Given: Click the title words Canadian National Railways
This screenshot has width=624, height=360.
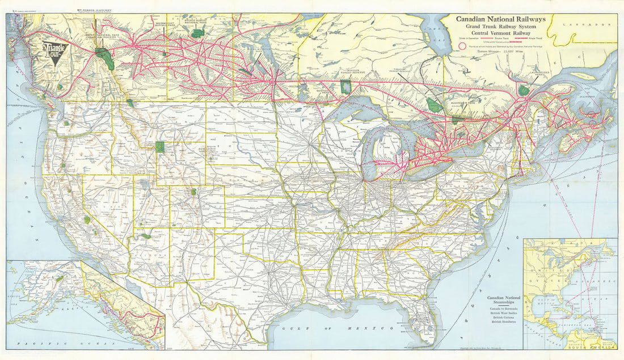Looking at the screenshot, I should [x=501, y=19].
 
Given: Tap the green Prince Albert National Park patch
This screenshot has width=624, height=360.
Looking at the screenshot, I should [x=197, y=33].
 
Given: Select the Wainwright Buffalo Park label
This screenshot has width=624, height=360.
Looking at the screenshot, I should [x=165, y=24].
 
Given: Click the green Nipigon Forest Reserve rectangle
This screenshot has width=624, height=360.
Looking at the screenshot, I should [x=345, y=87].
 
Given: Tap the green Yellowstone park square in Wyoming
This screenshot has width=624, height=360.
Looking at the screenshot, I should [x=160, y=147].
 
